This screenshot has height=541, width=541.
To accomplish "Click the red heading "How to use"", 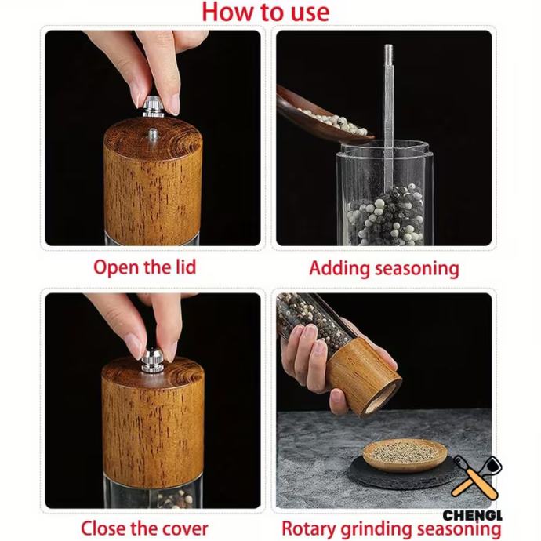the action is click(x=265, y=12).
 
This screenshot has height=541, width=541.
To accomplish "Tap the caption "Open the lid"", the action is click(x=145, y=267).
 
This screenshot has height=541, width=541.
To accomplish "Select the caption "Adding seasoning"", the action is click(x=384, y=268).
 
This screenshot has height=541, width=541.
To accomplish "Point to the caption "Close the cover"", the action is click(x=144, y=528).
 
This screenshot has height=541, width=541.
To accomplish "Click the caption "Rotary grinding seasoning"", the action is click(x=391, y=528).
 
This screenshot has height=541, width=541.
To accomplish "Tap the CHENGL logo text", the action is click(x=472, y=515).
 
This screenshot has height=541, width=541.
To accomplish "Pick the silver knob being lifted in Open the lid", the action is click(x=153, y=106).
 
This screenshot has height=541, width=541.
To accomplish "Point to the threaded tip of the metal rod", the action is click(x=388, y=53).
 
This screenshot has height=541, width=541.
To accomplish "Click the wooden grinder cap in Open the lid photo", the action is click(x=153, y=181).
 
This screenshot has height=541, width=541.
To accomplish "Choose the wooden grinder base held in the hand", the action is click(x=364, y=377).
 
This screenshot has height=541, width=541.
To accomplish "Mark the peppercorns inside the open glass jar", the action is click(x=386, y=215).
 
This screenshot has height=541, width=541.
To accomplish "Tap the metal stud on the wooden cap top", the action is click(x=152, y=135).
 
